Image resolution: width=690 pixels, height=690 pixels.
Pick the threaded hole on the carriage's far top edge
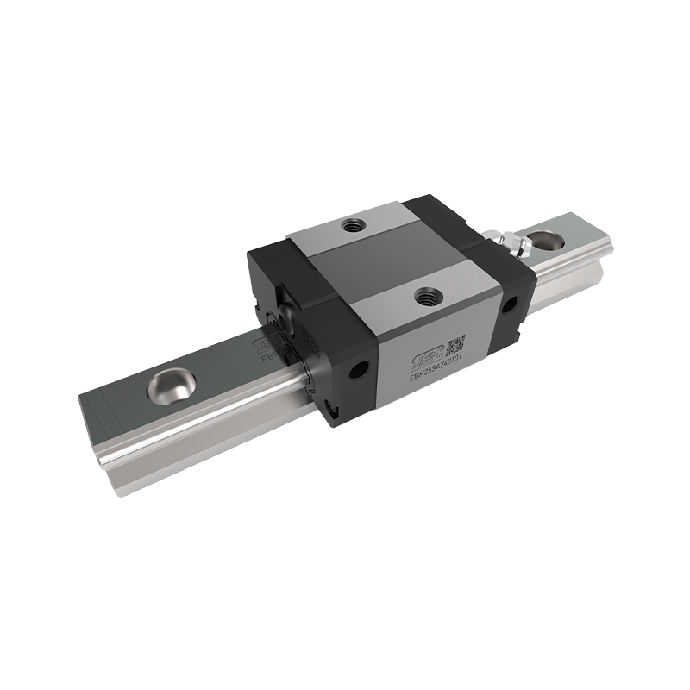352,226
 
